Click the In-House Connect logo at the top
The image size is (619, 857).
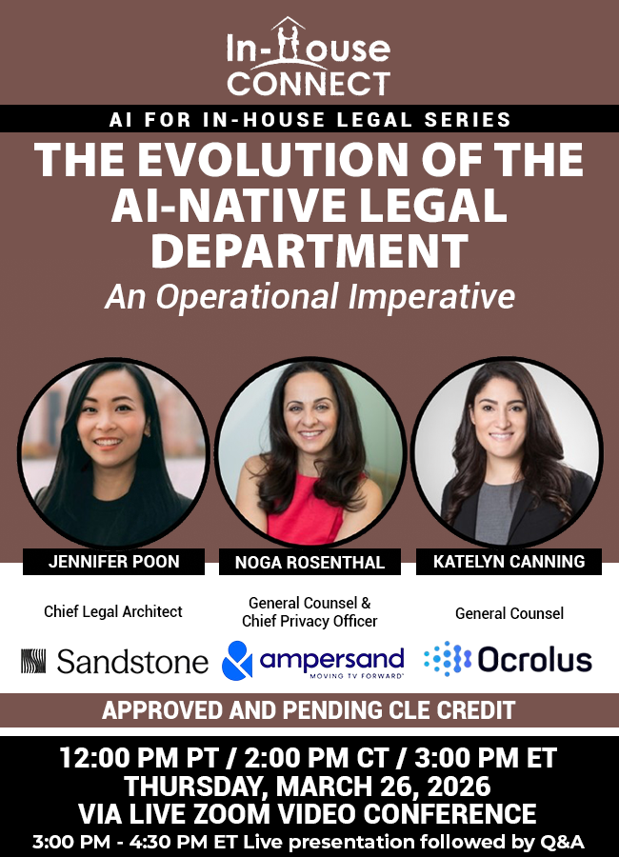[309, 57]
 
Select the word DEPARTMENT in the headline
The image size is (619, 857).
[309, 250]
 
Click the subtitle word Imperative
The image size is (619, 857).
[432, 297]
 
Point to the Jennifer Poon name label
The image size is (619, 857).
[113, 561]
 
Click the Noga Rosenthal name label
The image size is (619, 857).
[309, 562]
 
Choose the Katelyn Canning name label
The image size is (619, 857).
[509, 561]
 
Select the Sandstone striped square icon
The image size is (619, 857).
[33, 661]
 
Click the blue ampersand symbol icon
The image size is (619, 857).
[237, 660]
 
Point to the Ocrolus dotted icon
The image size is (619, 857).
[448, 659]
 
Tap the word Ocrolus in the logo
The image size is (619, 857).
[535, 660]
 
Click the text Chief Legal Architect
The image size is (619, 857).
[113, 611]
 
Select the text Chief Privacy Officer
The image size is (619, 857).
[309, 622]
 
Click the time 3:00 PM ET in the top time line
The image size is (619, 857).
[486, 758]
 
